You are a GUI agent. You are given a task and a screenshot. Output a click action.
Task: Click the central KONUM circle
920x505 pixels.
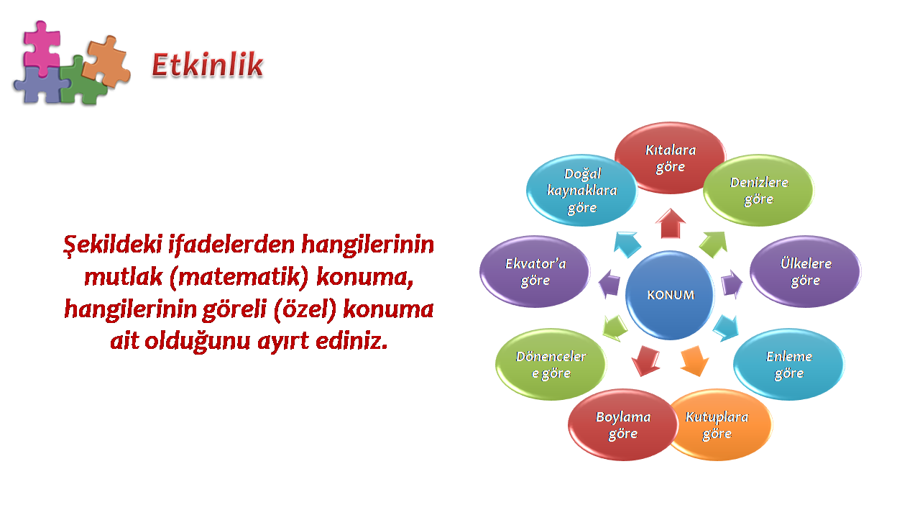tap(670, 295)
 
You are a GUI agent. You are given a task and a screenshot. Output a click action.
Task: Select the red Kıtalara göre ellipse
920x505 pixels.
tap(670, 158)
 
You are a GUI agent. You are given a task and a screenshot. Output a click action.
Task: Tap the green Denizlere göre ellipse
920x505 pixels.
tap(758, 190)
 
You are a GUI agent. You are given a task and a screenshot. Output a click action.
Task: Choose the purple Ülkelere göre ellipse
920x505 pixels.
tap(806, 271)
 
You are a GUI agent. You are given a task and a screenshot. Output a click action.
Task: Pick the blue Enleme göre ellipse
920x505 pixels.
tap(789, 364)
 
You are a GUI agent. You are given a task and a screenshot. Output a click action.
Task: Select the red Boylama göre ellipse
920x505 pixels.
tap(622, 425)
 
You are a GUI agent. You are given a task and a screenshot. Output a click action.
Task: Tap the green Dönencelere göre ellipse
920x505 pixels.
tap(551, 364)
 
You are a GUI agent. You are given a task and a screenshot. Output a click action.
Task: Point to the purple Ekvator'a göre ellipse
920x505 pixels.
tap(535, 271)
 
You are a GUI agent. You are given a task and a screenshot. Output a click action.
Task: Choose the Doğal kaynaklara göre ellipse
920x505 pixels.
tap(581, 190)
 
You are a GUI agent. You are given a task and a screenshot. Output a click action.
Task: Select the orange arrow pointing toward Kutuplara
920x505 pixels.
tap(695, 361)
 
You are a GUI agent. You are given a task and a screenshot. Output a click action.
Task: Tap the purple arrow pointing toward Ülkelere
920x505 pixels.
tap(732, 284)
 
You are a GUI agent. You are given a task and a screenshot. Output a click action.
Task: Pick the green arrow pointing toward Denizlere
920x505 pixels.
tap(714, 245)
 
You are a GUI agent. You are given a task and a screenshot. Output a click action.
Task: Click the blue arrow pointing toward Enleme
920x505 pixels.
tap(726, 329)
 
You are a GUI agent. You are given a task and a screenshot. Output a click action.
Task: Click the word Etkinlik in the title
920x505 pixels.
tap(208, 65)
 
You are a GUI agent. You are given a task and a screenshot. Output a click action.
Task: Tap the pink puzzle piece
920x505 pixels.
tap(42, 47)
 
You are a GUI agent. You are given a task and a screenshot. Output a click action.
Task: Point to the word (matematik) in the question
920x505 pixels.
tap(239, 276)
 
